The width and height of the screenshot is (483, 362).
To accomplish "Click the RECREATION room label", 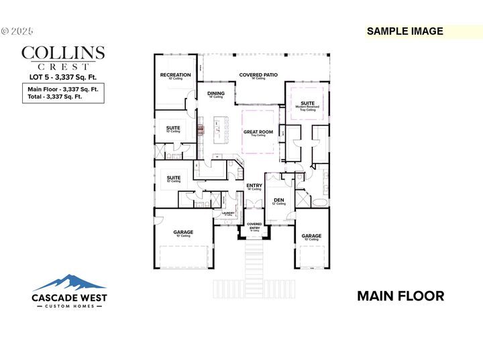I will click(x=175, y=75).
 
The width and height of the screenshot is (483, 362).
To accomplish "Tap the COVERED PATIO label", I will click(x=258, y=75).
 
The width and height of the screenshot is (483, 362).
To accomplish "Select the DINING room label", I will click(x=215, y=94).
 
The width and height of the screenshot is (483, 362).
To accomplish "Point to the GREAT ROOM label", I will click(x=258, y=132).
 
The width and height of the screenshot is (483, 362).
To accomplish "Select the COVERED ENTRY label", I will click(x=254, y=226).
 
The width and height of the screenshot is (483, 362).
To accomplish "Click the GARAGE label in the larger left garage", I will click(x=184, y=233).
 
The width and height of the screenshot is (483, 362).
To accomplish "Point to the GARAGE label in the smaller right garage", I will click(x=311, y=236).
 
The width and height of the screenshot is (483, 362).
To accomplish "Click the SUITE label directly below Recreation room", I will click(x=173, y=127).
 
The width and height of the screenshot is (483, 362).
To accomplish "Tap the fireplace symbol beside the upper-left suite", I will click(x=200, y=128).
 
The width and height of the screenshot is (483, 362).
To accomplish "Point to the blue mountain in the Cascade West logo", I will click(x=70, y=281).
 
